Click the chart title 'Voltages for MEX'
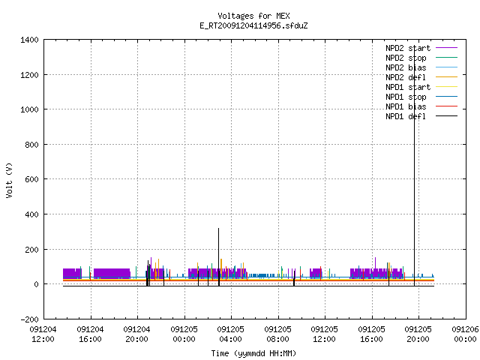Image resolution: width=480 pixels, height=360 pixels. [x=253, y=16]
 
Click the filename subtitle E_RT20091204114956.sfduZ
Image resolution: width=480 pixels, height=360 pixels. [x=253, y=25]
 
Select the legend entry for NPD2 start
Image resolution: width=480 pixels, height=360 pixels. [x=421, y=48]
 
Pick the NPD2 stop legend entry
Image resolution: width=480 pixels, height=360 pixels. [x=421, y=58]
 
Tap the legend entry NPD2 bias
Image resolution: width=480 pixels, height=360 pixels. [x=421, y=67]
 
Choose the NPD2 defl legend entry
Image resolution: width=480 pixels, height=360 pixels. [x=421, y=77]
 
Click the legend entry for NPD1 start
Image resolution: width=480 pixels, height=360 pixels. [x=421, y=87]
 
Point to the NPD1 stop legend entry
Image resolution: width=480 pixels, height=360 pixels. [x=421, y=97]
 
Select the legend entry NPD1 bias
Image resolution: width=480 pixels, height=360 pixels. [x=421, y=106]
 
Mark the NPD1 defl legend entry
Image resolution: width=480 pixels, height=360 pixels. [x=421, y=116]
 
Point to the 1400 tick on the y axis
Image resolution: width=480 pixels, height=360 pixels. [x=29, y=40]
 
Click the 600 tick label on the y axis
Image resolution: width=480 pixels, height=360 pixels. [x=31, y=179]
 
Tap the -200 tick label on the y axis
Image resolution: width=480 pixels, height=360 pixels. [x=29, y=319]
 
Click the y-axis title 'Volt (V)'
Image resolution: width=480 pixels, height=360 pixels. [x=9, y=180]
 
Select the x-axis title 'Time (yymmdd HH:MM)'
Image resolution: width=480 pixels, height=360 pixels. [x=253, y=353]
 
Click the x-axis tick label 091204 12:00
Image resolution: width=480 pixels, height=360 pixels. [x=43, y=334]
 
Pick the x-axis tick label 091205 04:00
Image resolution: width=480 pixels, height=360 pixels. [x=231, y=334]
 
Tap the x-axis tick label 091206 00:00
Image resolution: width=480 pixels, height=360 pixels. [x=465, y=334]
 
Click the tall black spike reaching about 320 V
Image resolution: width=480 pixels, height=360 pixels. [x=218, y=257]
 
